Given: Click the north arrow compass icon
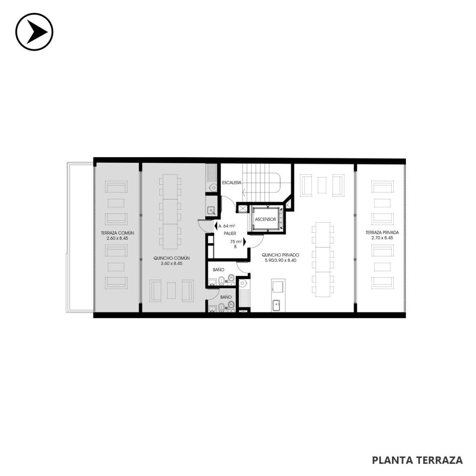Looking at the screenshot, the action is click(34, 32).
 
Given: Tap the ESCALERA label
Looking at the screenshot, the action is click(232, 183).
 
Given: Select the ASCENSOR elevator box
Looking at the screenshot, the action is click(266, 219).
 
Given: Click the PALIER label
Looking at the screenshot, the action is click(230, 233).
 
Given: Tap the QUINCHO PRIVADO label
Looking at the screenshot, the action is click(280, 255).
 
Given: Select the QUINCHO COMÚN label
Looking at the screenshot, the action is click(171, 258).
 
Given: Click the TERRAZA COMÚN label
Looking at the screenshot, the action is click(117, 233).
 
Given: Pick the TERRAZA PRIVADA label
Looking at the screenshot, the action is click(382, 232).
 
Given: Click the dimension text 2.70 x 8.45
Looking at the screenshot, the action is click(382, 238).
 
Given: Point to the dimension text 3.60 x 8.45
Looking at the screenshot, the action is click(171, 264).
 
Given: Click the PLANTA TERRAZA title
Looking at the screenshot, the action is click(418, 460).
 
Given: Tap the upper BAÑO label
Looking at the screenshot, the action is click(219, 270).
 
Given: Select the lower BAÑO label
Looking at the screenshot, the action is click(226, 297).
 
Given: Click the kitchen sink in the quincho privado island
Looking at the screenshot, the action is click(277, 306).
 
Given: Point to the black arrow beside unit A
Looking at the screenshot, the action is click(216, 226).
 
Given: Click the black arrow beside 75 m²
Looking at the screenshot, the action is click(244, 241).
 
